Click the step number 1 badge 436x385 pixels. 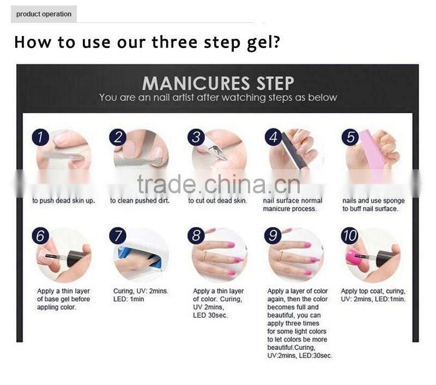tap(40, 137)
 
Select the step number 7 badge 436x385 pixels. tap(118, 236)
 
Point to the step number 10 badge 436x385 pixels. tap(350, 236)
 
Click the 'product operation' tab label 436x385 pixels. tap(44, 14)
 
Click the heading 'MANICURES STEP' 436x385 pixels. tap(218, 83)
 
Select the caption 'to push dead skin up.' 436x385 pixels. tap(63, 201)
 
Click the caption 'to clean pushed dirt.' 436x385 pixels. tap(140, 201)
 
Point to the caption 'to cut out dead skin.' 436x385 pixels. tap(217, 201)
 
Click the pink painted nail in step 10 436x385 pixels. tap(354, 256)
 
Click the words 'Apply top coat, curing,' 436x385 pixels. tap(373, 291)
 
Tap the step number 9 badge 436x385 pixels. tap(272, 236)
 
